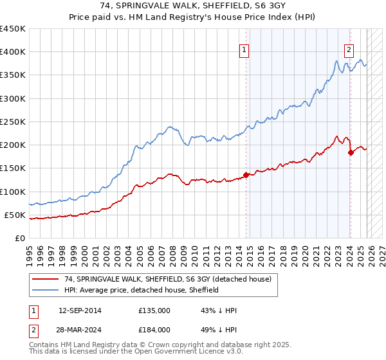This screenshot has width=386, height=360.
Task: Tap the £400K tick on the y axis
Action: pos(13,52)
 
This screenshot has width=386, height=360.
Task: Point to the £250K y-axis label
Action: pos(13,122)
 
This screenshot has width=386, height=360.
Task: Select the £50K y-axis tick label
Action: pos(15,215)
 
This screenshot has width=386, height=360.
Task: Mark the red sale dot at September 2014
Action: pos(246,175)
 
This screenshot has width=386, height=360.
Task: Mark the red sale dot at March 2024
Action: pos(351,152)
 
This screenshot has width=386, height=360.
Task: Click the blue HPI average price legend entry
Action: pos(142,290)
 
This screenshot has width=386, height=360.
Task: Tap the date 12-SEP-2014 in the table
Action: pos(79,310)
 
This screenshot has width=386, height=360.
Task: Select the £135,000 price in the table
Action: pos(154,310)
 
